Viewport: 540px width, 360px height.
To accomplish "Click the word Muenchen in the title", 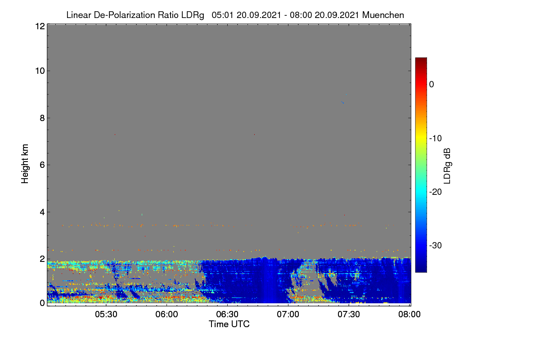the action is tap(383, 15).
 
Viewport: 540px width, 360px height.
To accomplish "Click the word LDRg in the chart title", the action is tap(193, 15).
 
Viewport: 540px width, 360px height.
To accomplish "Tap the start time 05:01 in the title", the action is tap(222, 15).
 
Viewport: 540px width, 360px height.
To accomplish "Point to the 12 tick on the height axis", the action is tap(40, 26).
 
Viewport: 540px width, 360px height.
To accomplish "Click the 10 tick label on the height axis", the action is tap(40, 71).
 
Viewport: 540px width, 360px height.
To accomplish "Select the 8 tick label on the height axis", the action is tap(42, 118).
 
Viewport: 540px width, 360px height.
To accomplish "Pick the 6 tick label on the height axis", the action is tap(42, 165).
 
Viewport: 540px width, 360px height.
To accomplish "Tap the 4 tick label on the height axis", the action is tap(42, 212).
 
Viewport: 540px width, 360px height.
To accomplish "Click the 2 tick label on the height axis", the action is tap(42, 259).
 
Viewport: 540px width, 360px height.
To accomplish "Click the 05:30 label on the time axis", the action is tap(106, 315).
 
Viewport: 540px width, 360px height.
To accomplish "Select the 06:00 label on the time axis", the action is tap(167, 315).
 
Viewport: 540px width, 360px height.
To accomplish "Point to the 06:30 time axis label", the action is tap(227, 315).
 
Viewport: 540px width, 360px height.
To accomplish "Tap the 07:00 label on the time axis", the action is tap(288, 315).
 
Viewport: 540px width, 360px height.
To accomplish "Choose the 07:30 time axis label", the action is tap(349, 315).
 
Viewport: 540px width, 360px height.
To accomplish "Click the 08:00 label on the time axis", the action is tap(409, 315).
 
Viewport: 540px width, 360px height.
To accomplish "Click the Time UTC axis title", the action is tap(229, 324).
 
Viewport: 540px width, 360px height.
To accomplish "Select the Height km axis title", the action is tap(25, 164).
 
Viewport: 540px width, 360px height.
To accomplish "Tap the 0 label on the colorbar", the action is tap(432, 85).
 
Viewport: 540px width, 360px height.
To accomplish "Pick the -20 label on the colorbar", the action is tap(436, 192).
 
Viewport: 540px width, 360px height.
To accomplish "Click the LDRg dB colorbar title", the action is tap(447, 166).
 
